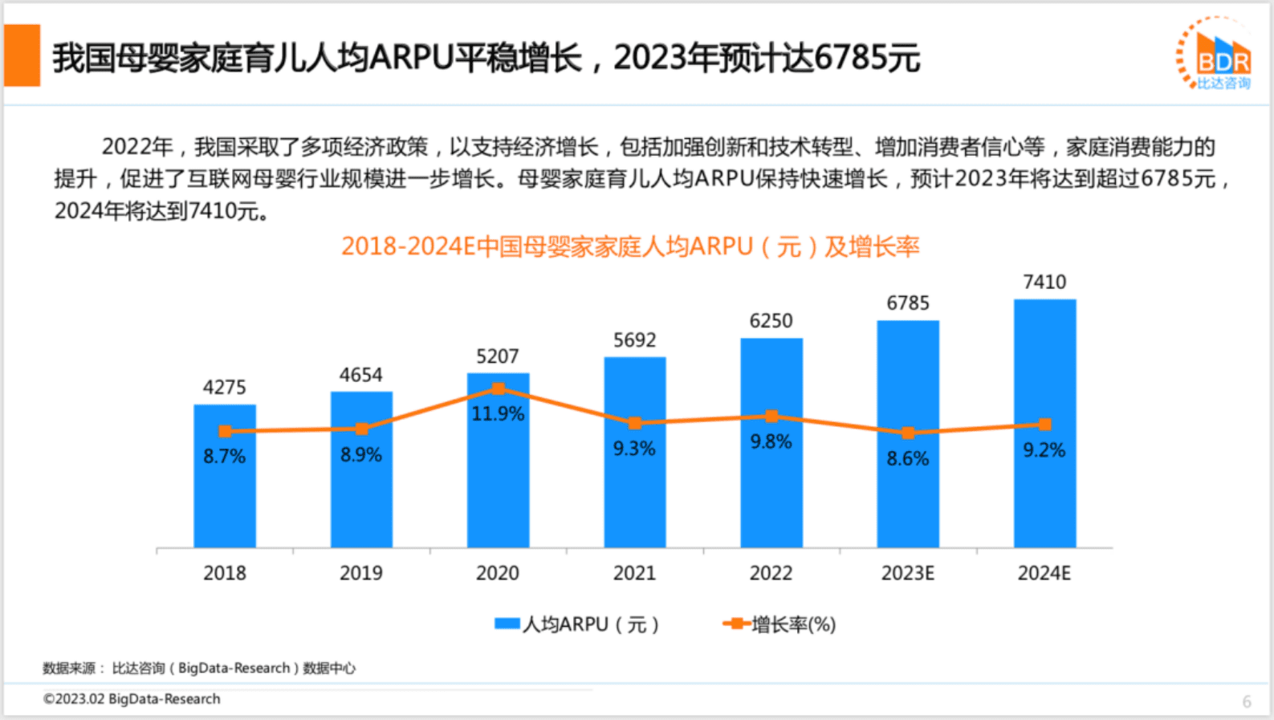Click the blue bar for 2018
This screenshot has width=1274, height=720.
(225, 498)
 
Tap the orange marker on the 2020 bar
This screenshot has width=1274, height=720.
(499, 389)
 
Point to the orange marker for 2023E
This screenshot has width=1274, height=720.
(908, 433)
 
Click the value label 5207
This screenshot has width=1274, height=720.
(498, 356)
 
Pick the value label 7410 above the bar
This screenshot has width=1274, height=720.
(1044, 283)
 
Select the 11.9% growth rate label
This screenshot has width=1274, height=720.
(498, 414)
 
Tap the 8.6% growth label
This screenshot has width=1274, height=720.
(908, 458)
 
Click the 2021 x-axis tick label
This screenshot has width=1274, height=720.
(634, 573)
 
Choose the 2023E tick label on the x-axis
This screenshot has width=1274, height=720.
(908, 573)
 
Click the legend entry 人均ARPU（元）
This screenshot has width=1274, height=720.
(578, 624)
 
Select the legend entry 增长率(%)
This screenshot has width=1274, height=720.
(780, 624)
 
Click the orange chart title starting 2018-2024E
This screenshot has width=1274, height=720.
(630, 246)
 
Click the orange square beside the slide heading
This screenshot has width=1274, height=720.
(22, 55)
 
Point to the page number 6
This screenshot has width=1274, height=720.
(1247, 702)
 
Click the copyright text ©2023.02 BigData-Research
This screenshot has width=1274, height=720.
(132, 699)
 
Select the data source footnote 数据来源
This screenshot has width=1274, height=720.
(199, 668)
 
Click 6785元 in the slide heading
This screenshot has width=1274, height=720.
(867, 58)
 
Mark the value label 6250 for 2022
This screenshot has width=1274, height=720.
(771, 321)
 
